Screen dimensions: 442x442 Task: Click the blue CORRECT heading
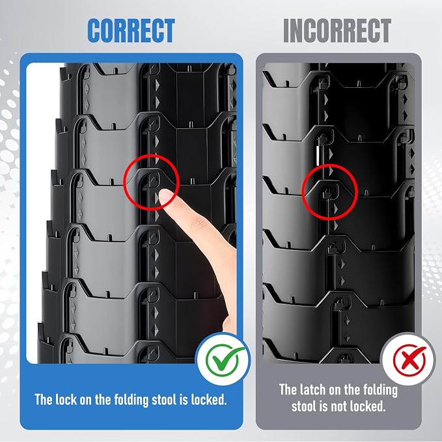coord(131,31)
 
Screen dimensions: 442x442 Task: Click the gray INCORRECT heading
coord(337,31)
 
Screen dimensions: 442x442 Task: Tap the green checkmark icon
coord(224,359)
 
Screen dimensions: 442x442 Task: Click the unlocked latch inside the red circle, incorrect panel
coord(327,193)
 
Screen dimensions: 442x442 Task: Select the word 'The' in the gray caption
coord(288,389)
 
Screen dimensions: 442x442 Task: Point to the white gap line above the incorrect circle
coord(317,155)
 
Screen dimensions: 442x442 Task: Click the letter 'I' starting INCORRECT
coord(286,31)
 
